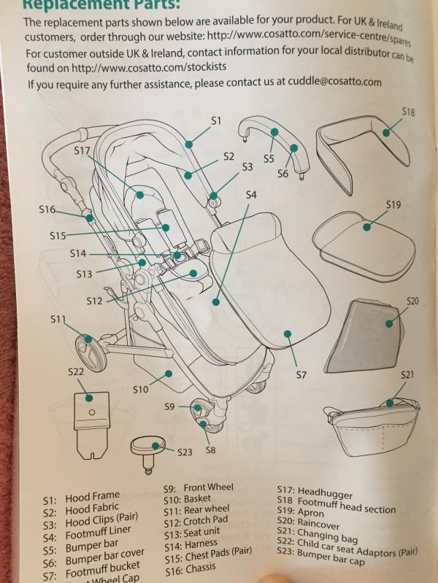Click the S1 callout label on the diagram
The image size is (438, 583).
click(x=215, y=121)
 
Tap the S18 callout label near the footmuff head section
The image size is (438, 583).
click(x=409, y=112)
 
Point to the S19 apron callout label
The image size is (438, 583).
click(x=393, y=205)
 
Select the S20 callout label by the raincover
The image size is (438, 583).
click(x=412, y=301)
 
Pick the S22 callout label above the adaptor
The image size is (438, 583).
click(x=76, y=372)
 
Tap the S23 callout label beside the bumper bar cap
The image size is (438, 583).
click(x=185, y=452)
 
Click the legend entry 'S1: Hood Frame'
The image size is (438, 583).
click(x=81, y=498)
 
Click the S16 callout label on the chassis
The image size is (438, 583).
click(x=47, y=209)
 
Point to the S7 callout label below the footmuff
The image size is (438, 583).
click(x=301, y=375)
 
